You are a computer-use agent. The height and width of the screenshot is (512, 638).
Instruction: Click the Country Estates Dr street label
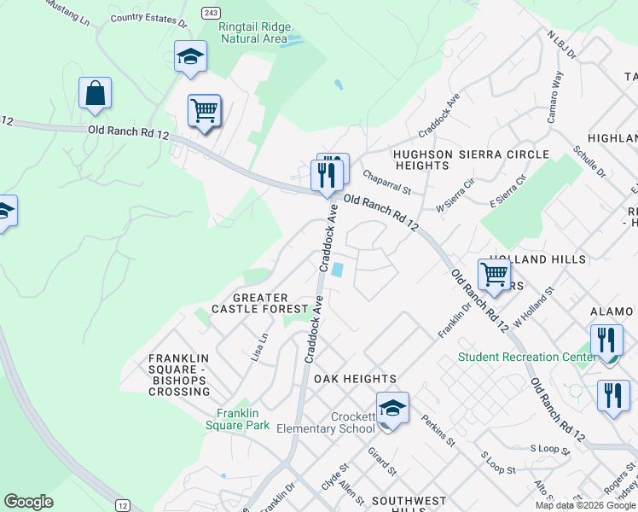pyautogui.click(x=148, y=17)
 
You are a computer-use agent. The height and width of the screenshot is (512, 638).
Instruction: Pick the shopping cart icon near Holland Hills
pyautogui.click(x=494, y=275)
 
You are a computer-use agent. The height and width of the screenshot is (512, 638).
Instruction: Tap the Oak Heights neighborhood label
pyautogui.click(x=355, y=378)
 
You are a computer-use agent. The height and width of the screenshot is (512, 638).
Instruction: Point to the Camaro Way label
pyautogui.click(x=554, y=98)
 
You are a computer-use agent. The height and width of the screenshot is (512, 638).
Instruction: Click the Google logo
pyautogui.click(x=29, y=502)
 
